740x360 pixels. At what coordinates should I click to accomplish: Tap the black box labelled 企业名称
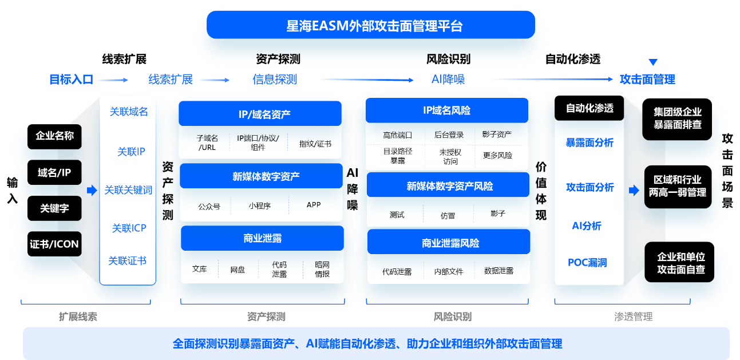54,136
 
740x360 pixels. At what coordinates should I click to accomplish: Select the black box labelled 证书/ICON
54,244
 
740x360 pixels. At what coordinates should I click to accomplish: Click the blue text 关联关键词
128,190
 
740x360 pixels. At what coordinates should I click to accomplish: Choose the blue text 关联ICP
129,228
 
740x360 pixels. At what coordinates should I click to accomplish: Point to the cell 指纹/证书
315,144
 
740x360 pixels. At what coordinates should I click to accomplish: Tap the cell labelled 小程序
259,205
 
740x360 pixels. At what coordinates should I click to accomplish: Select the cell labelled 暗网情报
322,269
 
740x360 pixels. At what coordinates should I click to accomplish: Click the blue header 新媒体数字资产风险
449,186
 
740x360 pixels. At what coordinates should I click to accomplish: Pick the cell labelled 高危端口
397,136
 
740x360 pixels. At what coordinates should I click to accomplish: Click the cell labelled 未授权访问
450,156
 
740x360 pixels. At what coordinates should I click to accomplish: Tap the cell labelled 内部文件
448,271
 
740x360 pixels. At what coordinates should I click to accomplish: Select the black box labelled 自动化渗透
589,108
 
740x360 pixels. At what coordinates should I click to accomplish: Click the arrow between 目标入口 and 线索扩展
117,80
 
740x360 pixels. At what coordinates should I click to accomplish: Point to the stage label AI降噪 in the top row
448,80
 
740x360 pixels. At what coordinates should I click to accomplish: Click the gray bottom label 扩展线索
78,317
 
